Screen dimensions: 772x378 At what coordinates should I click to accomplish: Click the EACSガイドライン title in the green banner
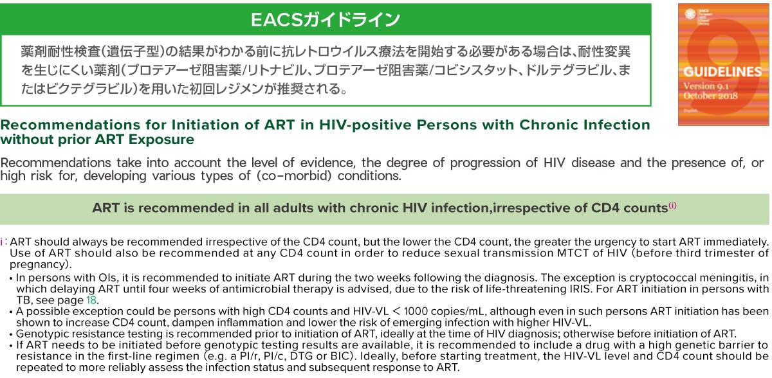click(326, 19)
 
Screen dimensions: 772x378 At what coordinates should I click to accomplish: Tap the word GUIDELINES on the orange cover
click(722, 71)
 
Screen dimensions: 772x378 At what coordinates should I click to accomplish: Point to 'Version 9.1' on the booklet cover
click(706, 86)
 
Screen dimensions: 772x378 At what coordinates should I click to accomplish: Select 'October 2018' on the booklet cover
click(711, 96)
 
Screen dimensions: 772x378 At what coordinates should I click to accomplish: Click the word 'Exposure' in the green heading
click(161, 139)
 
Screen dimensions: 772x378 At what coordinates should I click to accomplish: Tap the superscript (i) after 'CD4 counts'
click(672, 206)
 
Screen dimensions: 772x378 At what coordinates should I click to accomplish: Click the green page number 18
click(91, 300)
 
